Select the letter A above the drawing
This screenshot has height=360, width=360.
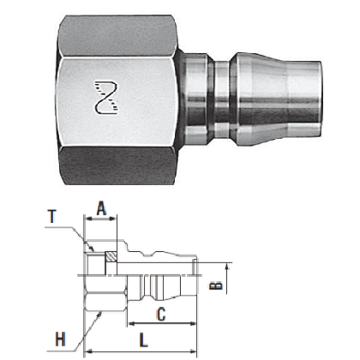[100, 208]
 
